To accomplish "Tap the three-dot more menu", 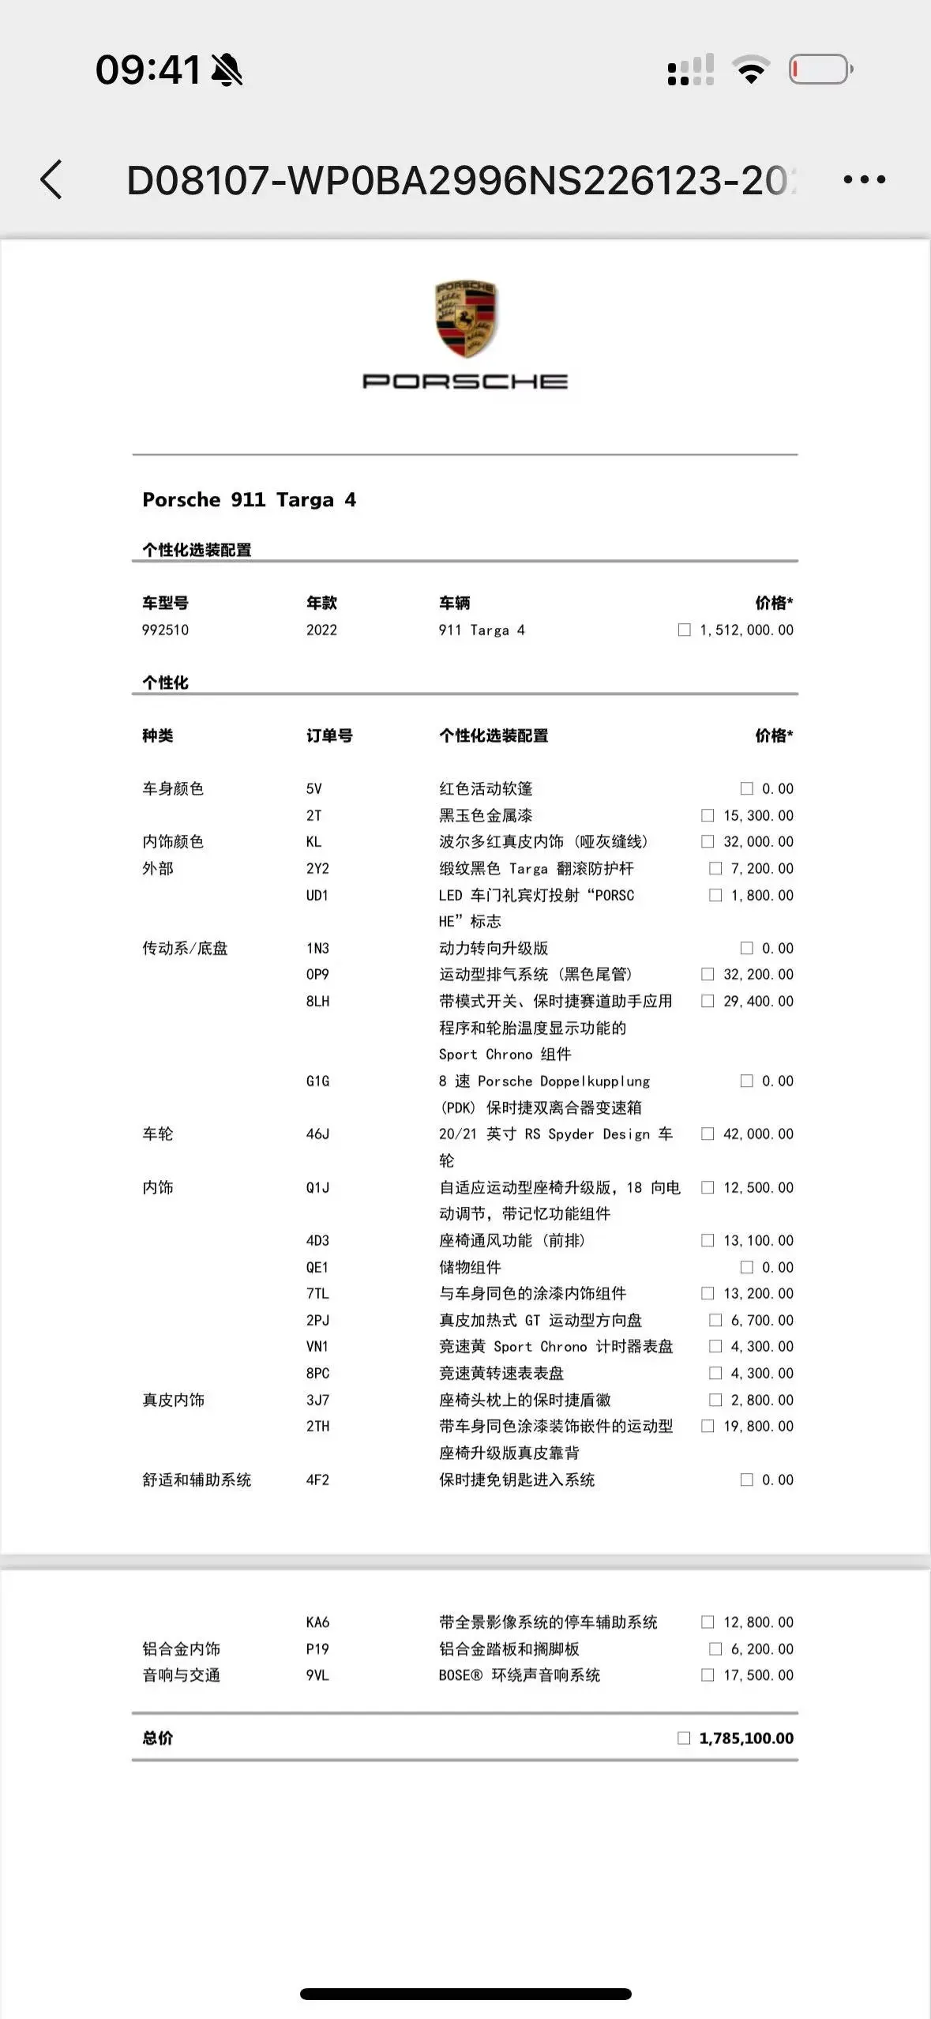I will click(x=864, y=180).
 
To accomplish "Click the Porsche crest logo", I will click(x=466, y=318).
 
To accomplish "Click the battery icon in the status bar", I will click(x=820, y=70).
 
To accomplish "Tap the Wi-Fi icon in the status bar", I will click(x=751, y=70).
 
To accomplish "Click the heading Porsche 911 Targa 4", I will click(x=249, y=499).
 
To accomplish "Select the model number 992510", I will click(x=165, y=630).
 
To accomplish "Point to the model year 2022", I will click(x=321, y=630).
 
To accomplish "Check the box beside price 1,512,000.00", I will click(x=684, y=630).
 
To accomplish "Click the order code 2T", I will click(x=313, y=815).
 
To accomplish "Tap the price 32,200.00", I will click(x=758, y=974).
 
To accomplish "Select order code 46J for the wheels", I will click(x=317, y=1134).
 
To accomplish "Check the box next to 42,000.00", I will click(x=708, y=1134).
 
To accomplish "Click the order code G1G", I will click(x=317, y=1081).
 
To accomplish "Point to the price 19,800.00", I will click(x=758, y=1426).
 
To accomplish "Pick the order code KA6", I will click(x=317, y=1622).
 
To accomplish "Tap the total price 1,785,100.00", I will click(x=745, y=1738).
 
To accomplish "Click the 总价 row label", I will click(x=157, y=1738).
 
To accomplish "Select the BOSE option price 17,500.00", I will click(x=758, y=1675).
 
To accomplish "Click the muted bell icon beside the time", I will click(x=227, y=70).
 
